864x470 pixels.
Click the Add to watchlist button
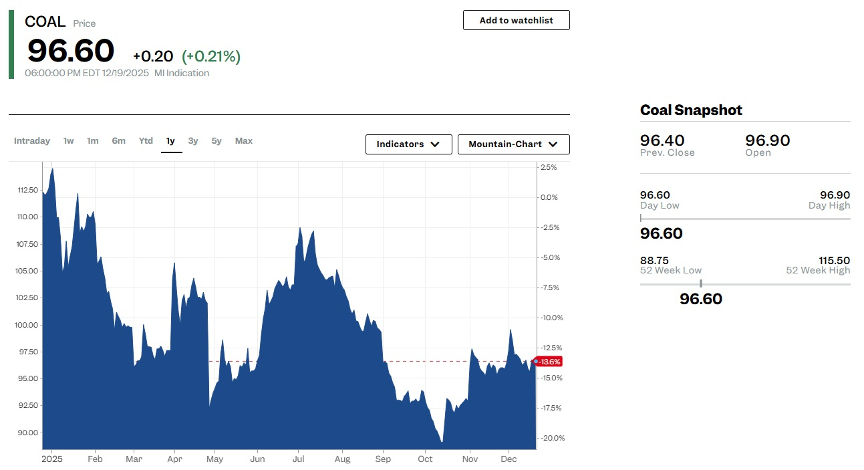[x=516, y=20]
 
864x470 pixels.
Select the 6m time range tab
[x=118, y=141]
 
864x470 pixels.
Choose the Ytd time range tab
[x=146, y=141]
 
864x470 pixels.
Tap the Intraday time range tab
[x=32, y=141]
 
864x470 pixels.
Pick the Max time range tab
[x=244, y=141]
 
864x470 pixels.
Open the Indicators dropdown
[x=408, y=144]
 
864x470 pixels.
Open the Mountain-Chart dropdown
[x=513, y=144]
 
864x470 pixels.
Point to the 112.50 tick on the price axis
[x=27, y=190]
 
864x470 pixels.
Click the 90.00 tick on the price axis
[x=27, y=433]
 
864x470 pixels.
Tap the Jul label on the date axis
[x=298, y=459]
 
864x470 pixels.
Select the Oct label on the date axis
[x=425, y=459]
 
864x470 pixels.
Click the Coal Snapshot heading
[x=691, y=110]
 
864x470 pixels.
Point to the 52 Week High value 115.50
[x=834, y=260]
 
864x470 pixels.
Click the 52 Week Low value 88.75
[x=654, y=260]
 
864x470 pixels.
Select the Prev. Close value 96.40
[x=662, y=140]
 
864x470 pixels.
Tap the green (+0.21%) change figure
[x=211, y=57]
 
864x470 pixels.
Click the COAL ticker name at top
[x=45, y=21]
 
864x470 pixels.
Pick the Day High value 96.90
[x=835, y=195]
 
